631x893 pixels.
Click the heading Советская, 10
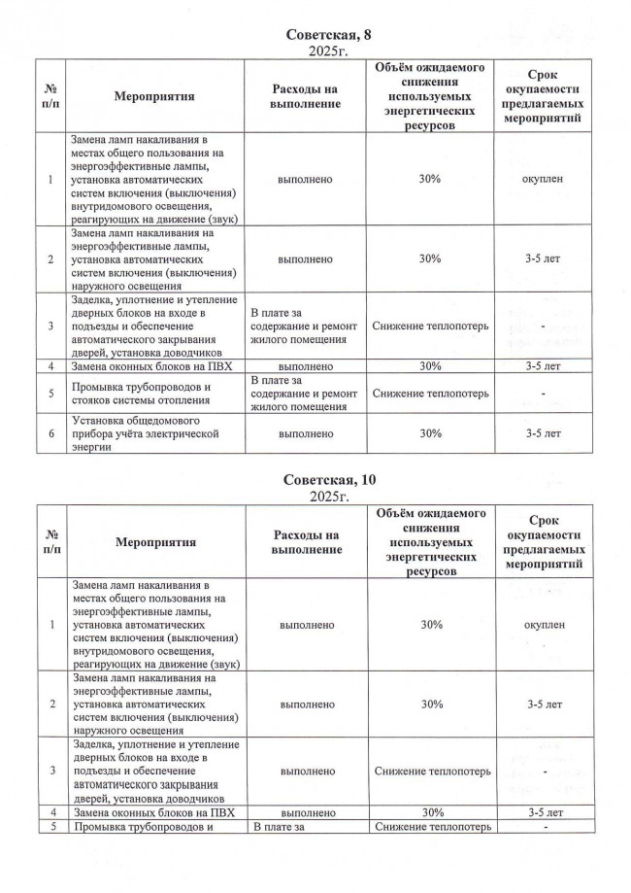[x=315, y=481]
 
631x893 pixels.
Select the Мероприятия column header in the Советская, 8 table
[x=154, y=97]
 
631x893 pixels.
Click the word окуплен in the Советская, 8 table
[x=542, y=180]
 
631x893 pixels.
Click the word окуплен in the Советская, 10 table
[x=542, y=624]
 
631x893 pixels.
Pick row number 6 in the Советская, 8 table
[x=50, y=434]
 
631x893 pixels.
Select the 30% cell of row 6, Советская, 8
[x=430, y=434]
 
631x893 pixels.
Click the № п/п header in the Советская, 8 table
[x=50, y=97]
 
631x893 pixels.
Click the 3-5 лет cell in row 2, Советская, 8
[x=542, y=259]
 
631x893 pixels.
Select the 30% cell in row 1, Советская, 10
[x=430, y=624]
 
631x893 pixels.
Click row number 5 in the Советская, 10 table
[x=50, y=826]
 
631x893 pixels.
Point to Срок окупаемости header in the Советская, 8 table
[x=542, y=97]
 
